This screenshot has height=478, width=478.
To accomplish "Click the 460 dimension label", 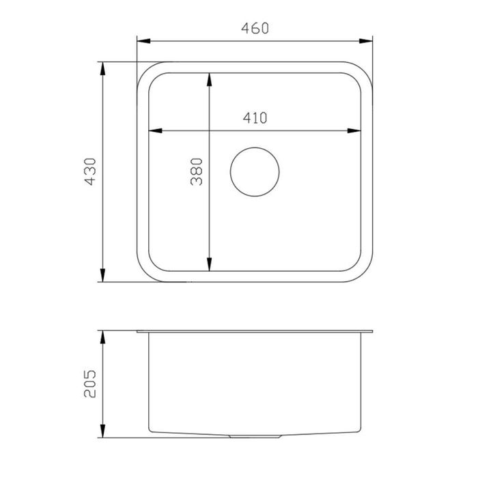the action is (x=255, y=28).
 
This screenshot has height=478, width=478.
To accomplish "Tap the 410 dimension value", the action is (x=255, y=117).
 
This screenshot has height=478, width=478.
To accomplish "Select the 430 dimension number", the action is (x=90, y=171).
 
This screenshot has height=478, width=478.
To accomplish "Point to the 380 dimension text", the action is (x=196, y=171).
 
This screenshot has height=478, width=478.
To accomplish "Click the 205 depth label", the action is (x=90, y=384).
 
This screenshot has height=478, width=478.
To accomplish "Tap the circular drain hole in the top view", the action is (x=255, y=172).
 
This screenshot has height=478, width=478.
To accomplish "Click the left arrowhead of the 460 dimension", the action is (x=143, y=41).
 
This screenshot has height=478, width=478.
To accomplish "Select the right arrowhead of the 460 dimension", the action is (x=366, y=41).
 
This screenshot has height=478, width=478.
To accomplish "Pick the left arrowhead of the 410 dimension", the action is (x=155, y=131).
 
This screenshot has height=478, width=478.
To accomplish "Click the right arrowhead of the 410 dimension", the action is (x=354, y=131).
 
